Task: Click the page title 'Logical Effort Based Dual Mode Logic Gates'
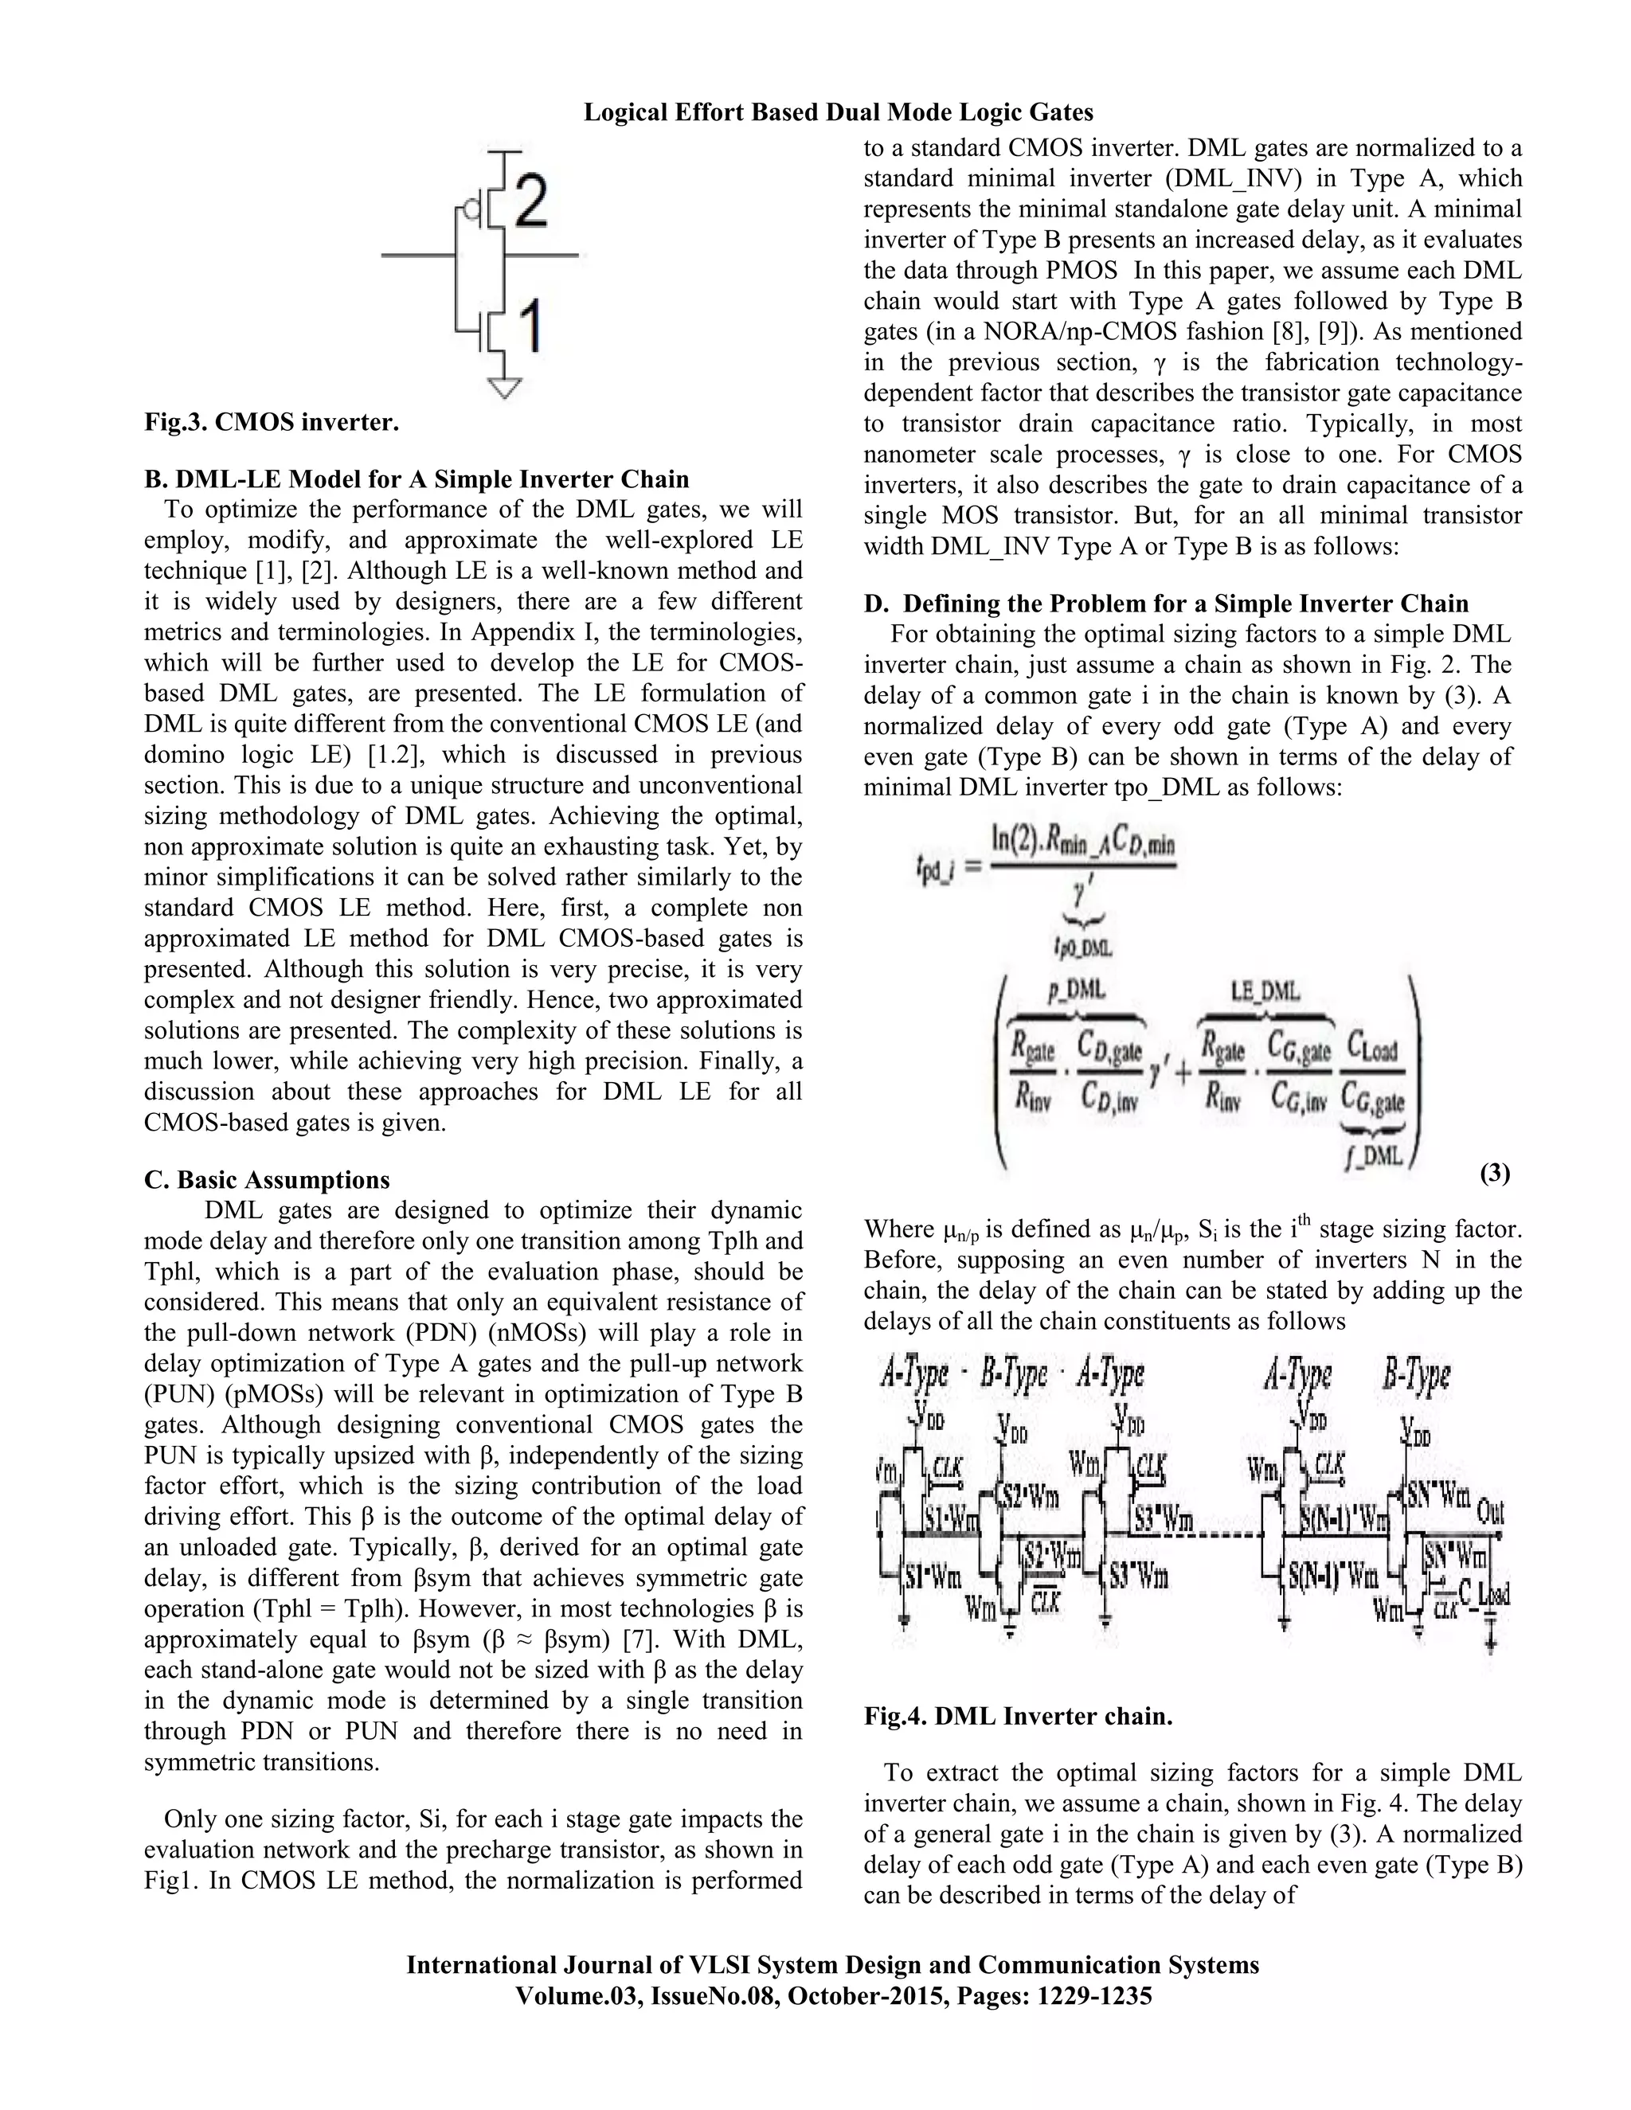838,113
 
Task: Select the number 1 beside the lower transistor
529,326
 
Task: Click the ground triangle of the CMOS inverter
504,389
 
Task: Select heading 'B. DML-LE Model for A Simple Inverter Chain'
417,479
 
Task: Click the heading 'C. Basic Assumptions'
267,1180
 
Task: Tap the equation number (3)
1494,1173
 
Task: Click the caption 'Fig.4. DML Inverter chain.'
1018,1717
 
